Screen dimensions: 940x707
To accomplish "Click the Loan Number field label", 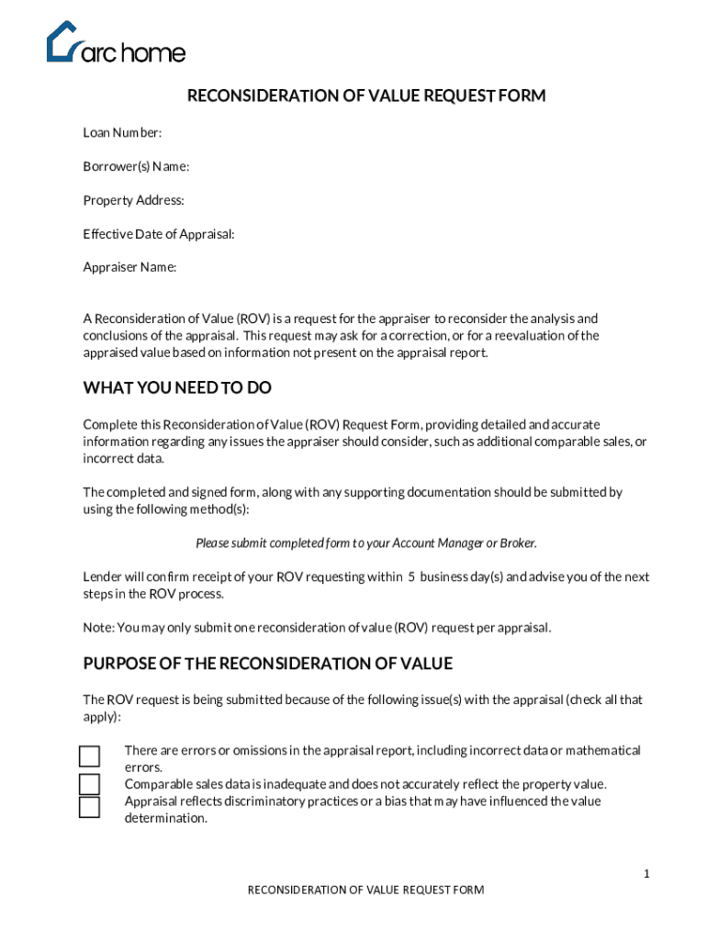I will [x=122, y=133].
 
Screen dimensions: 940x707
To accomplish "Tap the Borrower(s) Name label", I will [x=136, y=166].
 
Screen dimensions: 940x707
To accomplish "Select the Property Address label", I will [x=133, y=200].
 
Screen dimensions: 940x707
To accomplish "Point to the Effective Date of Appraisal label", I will [x=159, y=234].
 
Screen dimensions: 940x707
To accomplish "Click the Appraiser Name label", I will [x=129, y=267].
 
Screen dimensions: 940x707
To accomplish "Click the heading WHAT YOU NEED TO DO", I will [x=177, y=388].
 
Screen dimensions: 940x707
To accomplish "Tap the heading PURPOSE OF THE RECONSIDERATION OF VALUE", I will [x=267, y=664].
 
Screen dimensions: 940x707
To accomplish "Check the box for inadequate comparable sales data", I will [x=89, y=784].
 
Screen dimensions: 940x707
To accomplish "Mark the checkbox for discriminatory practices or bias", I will [x=89, y=807].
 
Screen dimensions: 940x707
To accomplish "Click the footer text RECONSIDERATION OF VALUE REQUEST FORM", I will [x=366, y=890].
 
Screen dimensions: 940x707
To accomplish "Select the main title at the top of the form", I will [x=366, y=96].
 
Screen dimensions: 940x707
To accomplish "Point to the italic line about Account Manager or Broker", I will [x=366, y=543].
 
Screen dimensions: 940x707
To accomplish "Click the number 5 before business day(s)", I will [x=412, y=577].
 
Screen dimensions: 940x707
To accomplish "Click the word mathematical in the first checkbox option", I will [x=602, y=751].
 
